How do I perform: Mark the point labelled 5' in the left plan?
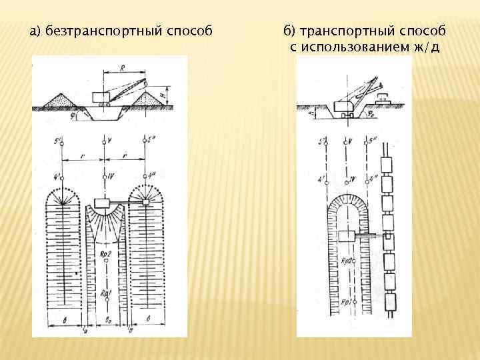[x=61, y=142]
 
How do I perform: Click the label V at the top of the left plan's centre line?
[x=109, y=141]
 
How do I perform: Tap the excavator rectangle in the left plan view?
[x=104, y=203]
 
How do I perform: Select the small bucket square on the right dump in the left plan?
[x=145, y=201]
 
